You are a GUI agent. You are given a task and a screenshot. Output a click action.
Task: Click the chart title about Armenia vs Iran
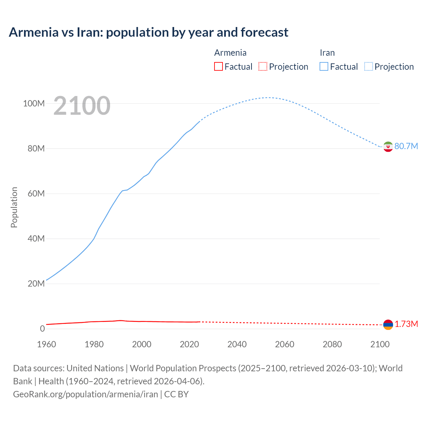148,32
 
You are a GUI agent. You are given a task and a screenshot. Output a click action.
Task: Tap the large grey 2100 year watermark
82,106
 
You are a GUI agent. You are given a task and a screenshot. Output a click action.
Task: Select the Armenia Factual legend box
218,66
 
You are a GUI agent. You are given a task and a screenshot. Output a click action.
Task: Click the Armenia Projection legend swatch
263,66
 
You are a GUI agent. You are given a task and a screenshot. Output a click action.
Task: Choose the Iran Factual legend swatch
324,66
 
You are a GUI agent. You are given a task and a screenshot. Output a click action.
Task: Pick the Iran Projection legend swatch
368,66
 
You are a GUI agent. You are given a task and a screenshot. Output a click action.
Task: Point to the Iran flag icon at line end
388,146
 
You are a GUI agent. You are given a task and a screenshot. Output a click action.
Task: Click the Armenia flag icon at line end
388,325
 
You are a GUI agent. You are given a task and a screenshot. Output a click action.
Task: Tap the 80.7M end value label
406,146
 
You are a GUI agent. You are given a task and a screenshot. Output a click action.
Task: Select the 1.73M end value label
406,324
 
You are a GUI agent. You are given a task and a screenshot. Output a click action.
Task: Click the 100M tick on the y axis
34,104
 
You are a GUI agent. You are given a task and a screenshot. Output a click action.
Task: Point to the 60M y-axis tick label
36,194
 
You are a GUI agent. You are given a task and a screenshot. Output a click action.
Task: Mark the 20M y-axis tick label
36,284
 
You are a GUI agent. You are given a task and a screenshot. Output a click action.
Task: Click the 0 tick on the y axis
42,329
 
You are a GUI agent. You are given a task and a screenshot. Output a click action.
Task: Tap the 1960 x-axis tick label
46,344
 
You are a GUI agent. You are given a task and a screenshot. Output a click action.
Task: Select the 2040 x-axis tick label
237,344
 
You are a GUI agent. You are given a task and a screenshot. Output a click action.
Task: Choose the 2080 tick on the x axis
332,344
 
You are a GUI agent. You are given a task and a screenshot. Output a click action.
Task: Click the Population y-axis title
14,207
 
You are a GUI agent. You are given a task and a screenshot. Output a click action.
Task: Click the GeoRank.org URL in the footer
85,394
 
